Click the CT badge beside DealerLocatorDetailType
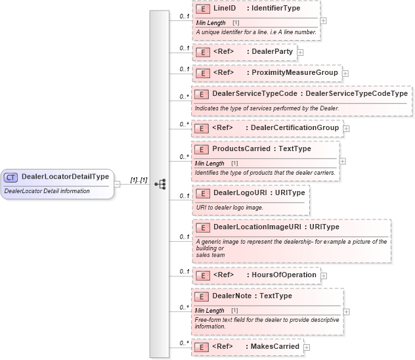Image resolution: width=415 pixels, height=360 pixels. click(11, 177)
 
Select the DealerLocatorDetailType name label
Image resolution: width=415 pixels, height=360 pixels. click(65, 177)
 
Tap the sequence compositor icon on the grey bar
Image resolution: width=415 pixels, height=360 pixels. click(160, 185)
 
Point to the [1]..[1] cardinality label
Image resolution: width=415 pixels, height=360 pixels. click(138, 180)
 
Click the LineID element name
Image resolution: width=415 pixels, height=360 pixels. click(225, 9)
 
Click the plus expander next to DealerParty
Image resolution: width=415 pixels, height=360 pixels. click(300, 51)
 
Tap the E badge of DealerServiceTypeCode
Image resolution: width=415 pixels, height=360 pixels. click(202, 94)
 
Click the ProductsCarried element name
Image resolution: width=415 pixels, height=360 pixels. click(240, 149)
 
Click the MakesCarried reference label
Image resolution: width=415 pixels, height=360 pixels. click(272, 346)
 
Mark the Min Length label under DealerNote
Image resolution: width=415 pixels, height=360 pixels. click(209, 310)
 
